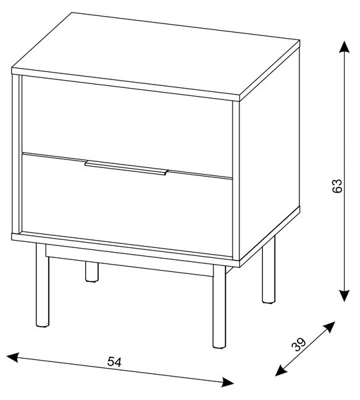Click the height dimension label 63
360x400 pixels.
point(337,186)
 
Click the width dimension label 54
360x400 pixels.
point(114,361)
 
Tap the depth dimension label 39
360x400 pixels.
point(299,345)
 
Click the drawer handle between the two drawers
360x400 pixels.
point(126,167)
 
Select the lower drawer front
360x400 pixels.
point(127,205)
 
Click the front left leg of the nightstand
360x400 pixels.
point(42,285)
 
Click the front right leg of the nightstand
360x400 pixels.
point(219,307)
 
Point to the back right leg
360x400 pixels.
point(269,271)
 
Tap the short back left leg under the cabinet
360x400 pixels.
point(91,272)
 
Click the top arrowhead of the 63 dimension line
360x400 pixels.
point(344,47)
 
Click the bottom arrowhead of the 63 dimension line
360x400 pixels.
point(344,295)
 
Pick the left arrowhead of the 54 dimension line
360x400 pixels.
point(13,357)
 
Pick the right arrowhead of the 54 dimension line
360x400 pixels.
point(227,382)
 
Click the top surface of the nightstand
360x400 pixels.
point(155,55)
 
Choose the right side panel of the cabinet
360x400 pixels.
point(269,153)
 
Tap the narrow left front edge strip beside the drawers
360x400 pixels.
point(15,154)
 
